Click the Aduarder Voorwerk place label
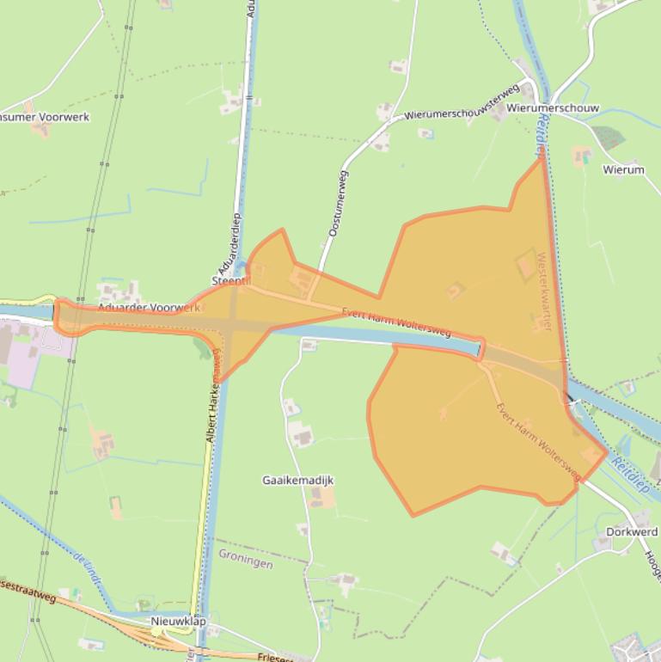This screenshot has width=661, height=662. click(x=148, y=308)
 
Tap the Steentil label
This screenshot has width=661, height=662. click(x=230, y=282)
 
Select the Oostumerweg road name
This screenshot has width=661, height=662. click(x=338, y=204)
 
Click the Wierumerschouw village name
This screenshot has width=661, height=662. click(x=553, y=109)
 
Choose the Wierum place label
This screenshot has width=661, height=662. click(x=623, y=170)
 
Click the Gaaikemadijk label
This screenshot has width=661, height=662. click(x=297, y=481)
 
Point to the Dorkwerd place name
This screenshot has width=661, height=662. click(x=631, y=531)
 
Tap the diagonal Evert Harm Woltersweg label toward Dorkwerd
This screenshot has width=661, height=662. click(x=538, y=440)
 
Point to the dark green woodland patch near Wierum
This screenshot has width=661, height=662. click(x=607, y=136)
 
